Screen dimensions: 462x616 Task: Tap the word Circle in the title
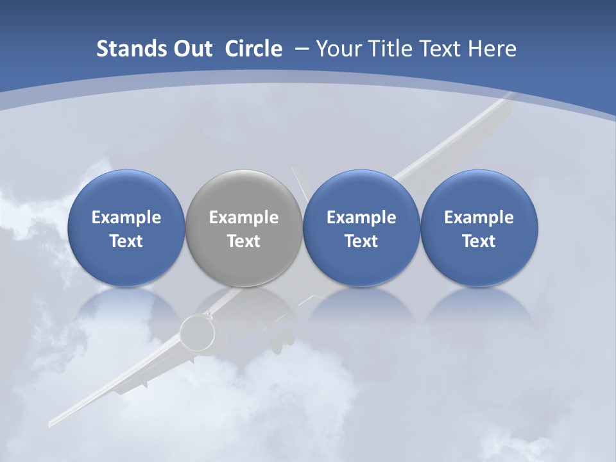253,49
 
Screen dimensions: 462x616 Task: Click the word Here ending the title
492,49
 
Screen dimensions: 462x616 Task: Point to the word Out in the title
191,49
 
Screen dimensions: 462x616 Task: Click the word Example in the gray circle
244,218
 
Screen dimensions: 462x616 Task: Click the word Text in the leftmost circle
126,241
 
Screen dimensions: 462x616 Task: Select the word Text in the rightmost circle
479,241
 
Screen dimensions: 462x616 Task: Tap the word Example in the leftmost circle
126,218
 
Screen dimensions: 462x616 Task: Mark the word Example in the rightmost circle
479,218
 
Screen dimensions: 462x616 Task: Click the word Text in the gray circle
244,241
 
